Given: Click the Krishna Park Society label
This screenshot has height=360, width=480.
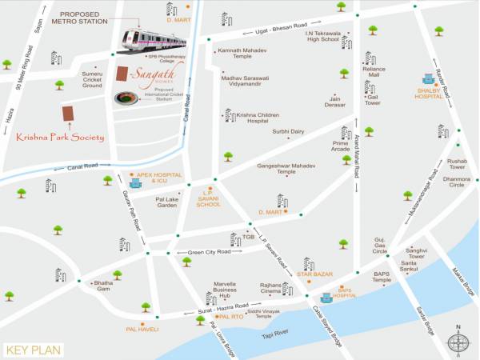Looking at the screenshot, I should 60,138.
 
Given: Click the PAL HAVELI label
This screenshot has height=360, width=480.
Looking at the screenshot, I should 142,329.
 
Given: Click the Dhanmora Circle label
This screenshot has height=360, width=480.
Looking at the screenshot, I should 458,182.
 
